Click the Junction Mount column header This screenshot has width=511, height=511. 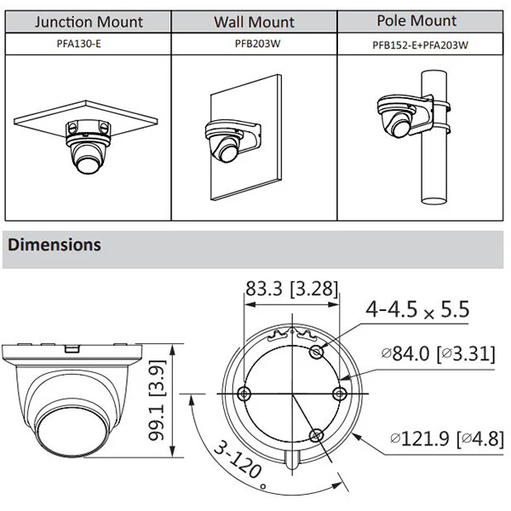pyautogui.click(x=89, y=22)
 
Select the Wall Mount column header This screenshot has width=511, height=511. pyautogui.click(x=254, y=22)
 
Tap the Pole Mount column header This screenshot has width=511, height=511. pyautogui.click(x=416, y=20)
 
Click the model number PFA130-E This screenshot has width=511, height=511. pyautogui.click(x=79, y=43)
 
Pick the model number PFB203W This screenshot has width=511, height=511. pyautogui.click(x=257, y=43)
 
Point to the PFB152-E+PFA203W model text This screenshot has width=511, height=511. pyautogui.click(x=420, y=45)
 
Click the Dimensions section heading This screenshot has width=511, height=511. pyautogui.click(x=55, y=244)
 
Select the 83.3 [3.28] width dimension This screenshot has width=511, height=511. pyautogui.click(x=291, y=289)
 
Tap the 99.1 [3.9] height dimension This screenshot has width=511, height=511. pyautogui.click(x=157, y=400)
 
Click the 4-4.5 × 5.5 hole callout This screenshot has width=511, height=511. pyautogui.click(x=417, y=309)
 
